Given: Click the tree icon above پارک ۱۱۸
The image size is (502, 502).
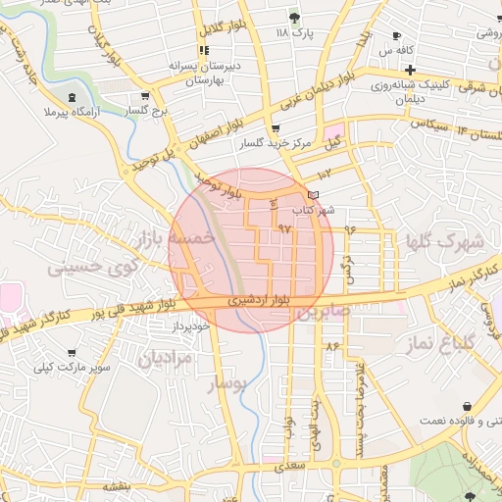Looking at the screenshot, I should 293,17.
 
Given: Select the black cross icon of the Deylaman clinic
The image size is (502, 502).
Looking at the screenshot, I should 409,70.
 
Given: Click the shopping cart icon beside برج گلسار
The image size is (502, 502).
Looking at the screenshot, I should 145,96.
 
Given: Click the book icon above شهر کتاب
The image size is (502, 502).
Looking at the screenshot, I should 313,195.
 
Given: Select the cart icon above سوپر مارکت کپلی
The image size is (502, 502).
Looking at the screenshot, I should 72,352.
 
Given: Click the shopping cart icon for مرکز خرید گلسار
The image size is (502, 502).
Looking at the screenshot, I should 275,128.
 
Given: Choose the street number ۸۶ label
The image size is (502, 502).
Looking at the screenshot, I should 331,345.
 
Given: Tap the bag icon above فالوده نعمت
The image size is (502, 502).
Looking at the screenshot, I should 467,406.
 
